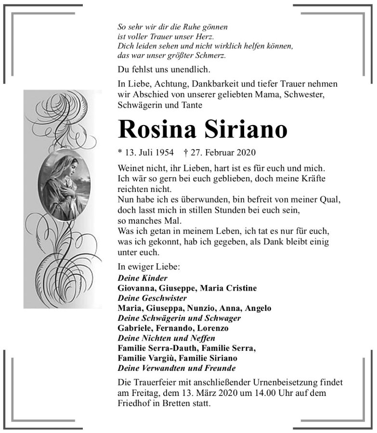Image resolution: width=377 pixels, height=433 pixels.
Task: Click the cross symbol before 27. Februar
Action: (186, 153)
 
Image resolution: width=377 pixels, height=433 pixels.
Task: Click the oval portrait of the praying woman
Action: (64, 185)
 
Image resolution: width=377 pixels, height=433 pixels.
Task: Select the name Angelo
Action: (258, 308)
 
